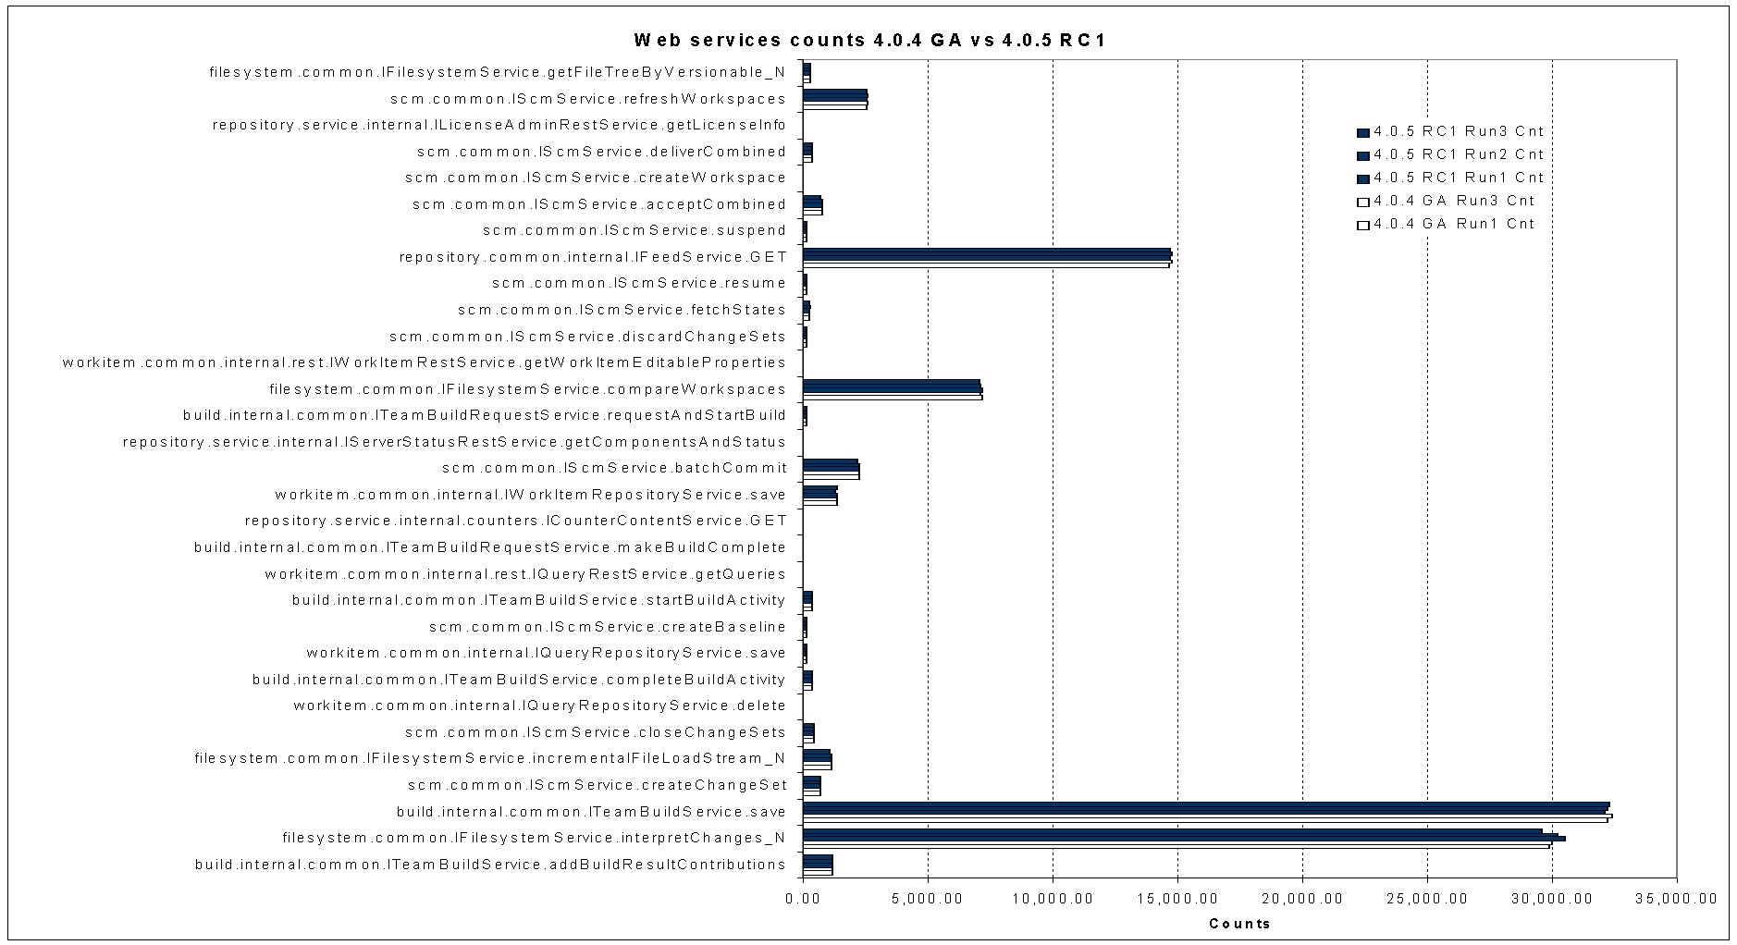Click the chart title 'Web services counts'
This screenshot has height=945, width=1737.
[x=869, y=41]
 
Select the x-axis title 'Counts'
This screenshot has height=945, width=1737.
[x=1239, y=924]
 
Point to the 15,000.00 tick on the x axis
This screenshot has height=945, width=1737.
[x=1177, y=898]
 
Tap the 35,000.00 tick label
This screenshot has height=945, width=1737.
[x=1676, y=898]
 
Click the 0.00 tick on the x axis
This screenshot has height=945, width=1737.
[x=803, y=898]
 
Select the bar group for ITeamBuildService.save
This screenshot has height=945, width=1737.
[x=1207, y=812]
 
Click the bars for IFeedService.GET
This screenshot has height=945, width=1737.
[x=987, y=257]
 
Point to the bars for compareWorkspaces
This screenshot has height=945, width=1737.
[x=893, y=389]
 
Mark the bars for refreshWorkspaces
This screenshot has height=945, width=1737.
[x=835, y=99]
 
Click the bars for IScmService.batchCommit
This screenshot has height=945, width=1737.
[x=831, y=469]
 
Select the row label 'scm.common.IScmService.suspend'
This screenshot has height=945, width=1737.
[x=634, y=230]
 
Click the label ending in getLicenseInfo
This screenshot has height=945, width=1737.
[x=499, y=125]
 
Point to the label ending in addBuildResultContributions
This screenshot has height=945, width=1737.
[x=490, y=865]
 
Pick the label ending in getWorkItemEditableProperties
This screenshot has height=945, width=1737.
[x=425, y=362]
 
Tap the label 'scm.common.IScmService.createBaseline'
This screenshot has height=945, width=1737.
[x=608, y=627]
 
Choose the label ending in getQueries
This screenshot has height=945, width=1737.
[x=525, y=574]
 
